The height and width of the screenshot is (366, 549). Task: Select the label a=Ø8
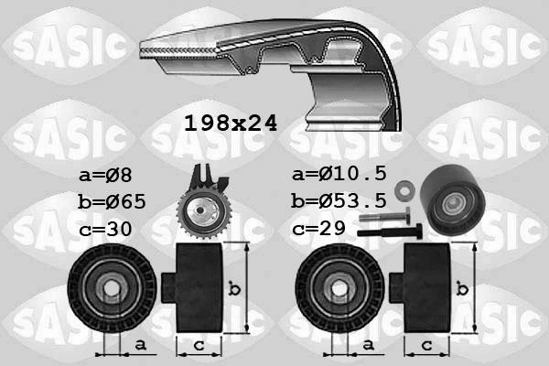[107, 174]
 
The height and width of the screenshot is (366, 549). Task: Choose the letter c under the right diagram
[426, 345]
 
